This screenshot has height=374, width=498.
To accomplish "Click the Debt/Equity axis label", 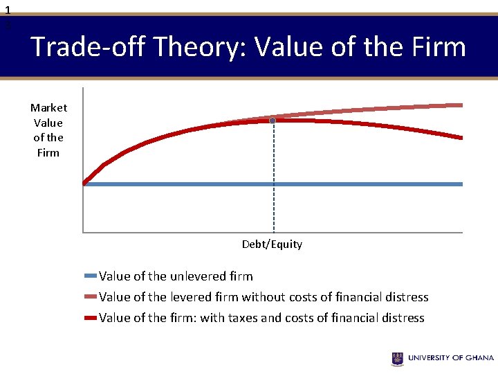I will pyautogui.click(x=272, y=244).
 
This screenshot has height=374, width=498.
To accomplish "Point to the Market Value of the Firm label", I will pyautogui.click(x=48, y=130).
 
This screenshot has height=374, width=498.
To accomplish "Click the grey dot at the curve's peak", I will pyautogui.click(x=273, y=121).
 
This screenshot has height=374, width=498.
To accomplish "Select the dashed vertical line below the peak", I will pyautogui.click(x=273, y=180).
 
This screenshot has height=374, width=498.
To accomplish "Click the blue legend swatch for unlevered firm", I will pyautogui.click(x=90, y=276).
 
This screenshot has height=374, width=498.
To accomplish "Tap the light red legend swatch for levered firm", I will pyautogui.click(x=90, y=297).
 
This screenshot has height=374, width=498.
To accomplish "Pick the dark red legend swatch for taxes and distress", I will pyautogui.click(x=90, y=318).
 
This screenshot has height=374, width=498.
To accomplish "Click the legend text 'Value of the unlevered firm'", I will pyautogui.click(x=176, y=276).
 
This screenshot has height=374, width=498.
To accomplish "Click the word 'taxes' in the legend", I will pyautogui.click(x=215, y=318).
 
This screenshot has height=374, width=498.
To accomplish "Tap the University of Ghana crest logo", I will pyautogui.click(x=398, y=358).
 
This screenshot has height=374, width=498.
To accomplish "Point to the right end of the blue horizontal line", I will pyautogui.click(x=461, y=184).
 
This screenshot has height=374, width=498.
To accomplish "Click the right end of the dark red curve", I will pyautogui.click(x=461, y=138).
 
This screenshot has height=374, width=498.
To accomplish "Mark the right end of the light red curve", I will pyautogui.click(x=461, y=105).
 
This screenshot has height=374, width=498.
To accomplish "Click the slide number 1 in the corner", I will pyautogui.click(x=8, y=10).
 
